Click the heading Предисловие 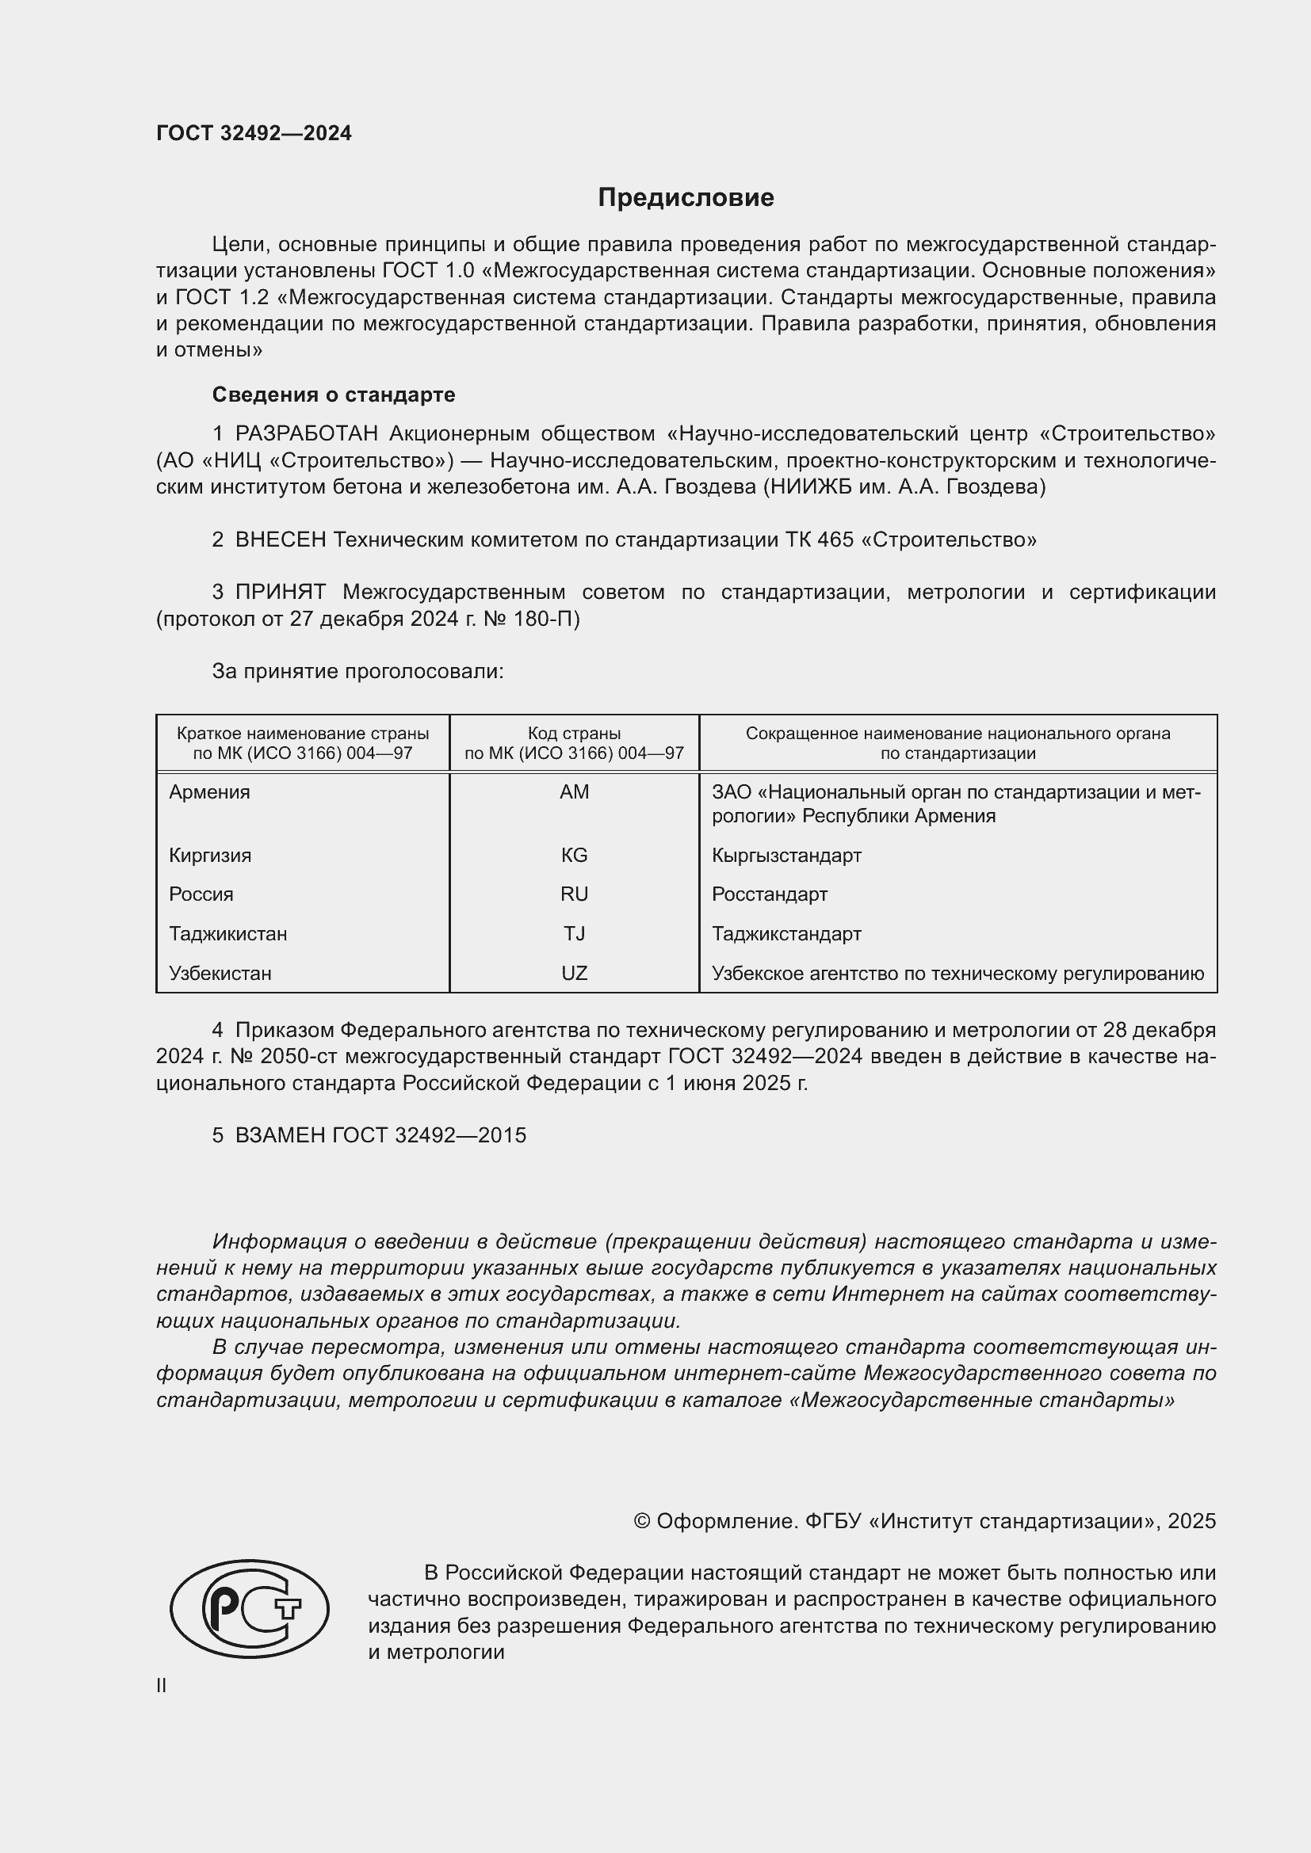coord(686,198)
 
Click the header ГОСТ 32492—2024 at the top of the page coord(254,134)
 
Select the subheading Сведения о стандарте coord(334,395)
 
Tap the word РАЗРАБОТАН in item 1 coord(306,434)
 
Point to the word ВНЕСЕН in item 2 coord(280,540)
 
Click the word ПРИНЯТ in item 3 coord(280,593)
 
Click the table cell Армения coord(209,792)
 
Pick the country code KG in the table coord(574,856)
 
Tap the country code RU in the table coord(574,894)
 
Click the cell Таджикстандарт coord(786,934)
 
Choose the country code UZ coord(574,974)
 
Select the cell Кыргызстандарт coord(786,856)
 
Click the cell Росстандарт coord(770,894)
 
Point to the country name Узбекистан coord(220,974)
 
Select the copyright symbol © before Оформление coord(642,1521)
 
